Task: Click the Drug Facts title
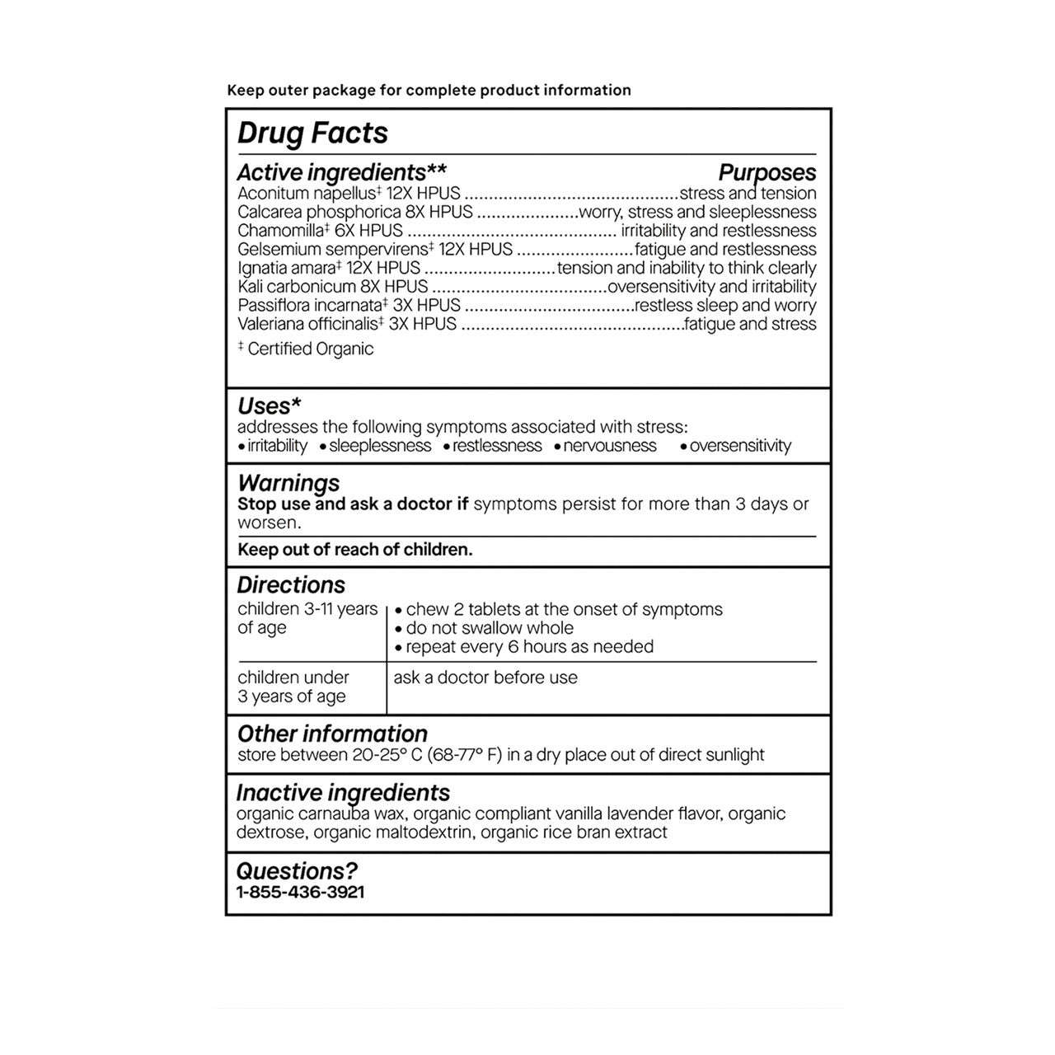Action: click(x=312, y=134)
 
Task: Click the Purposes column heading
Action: click(x=767, y=172)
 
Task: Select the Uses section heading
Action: click(x=269, y=406)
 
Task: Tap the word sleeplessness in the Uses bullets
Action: click(x=380, y=446)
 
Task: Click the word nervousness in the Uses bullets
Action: click(x=610, y=446)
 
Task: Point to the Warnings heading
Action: click(x=288, y=483)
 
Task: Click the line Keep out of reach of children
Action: click(x=355, y=550)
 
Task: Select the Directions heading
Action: click(x=291, y=585)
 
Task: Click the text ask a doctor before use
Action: click(x=485, y=678)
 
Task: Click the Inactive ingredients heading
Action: click(x=343, y=793)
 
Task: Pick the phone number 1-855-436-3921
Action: click(x=301, y=892)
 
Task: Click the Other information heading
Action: click(x=332, y=734)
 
